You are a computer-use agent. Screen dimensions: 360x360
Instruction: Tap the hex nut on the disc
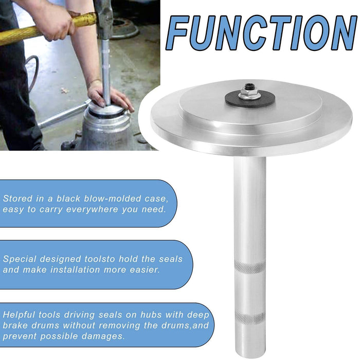click(249, 93)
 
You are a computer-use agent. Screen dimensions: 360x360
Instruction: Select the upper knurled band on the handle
click(249, 267)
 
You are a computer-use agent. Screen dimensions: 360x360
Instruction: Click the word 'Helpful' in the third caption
click(20, 315)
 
